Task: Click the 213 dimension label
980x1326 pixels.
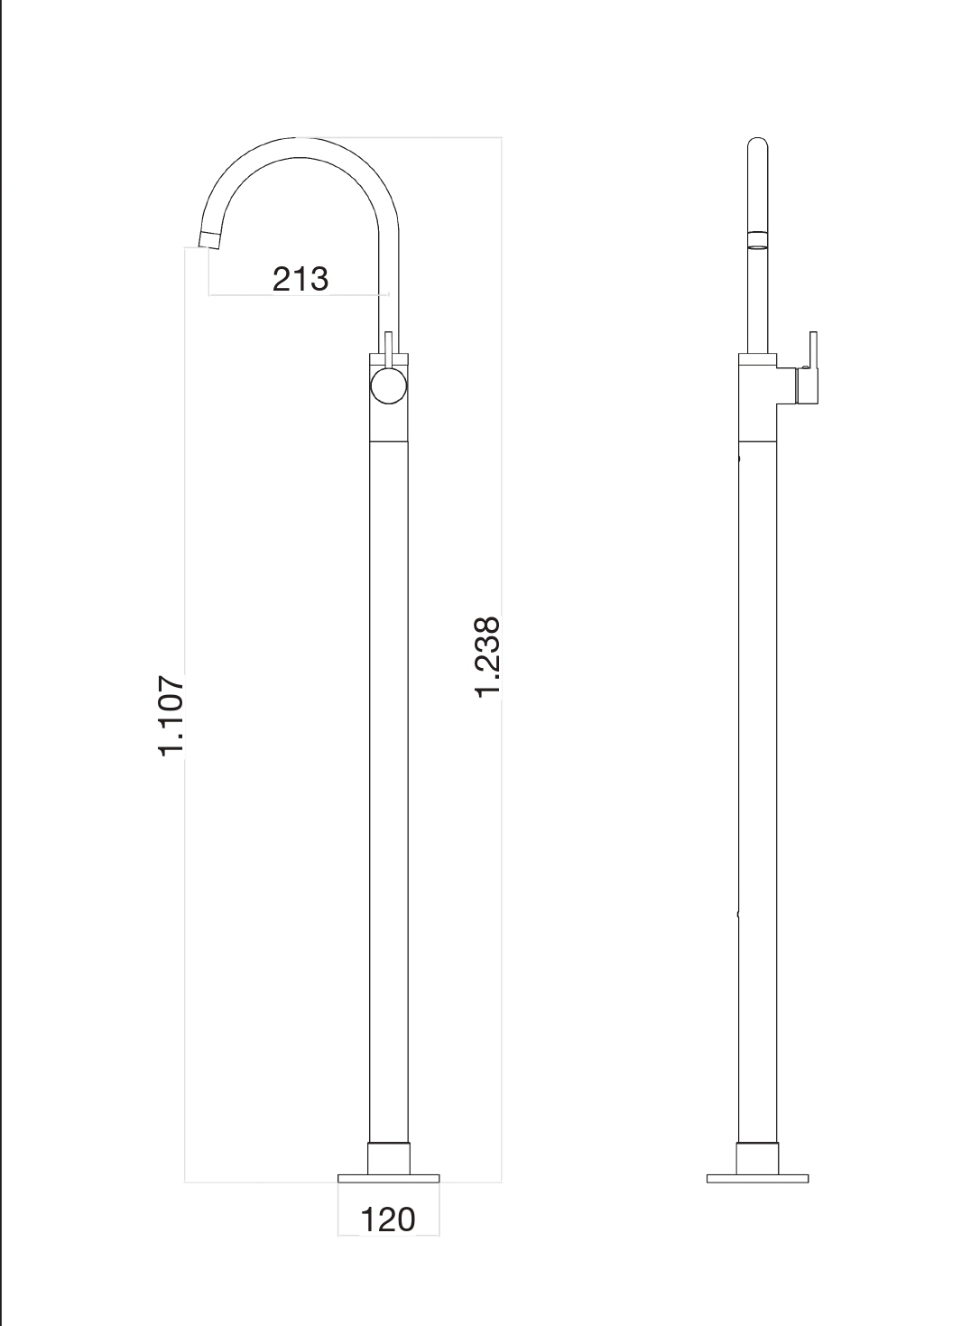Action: [x=300, y=279]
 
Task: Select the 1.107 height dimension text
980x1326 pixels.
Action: [x=171, y=715]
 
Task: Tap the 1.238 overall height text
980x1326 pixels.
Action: [x=487, y=656]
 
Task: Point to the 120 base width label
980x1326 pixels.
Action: [x=388, y=1219]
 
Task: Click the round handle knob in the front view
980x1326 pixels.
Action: [x=389, y=385]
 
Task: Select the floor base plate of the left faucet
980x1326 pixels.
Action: [x=388, y=1178]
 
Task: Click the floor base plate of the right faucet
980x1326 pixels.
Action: [x=757, y=1178]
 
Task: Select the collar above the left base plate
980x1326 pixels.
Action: [x=389, y=1158]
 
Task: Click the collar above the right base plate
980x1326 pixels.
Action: [x=757, y=1158]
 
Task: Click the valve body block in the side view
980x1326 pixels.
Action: [x=757, y=397]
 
